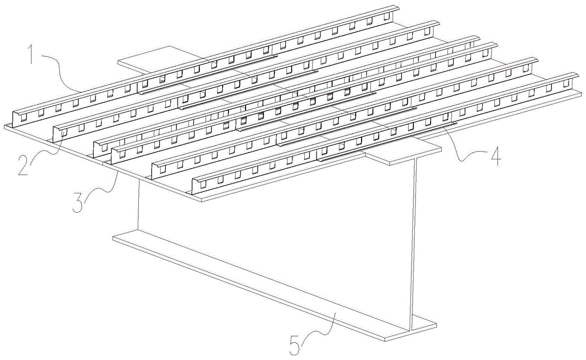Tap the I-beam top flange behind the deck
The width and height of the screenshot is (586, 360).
click(141, 59)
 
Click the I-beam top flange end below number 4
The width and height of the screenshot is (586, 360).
click(404, 155)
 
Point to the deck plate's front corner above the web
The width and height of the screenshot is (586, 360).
click(202, 199)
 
